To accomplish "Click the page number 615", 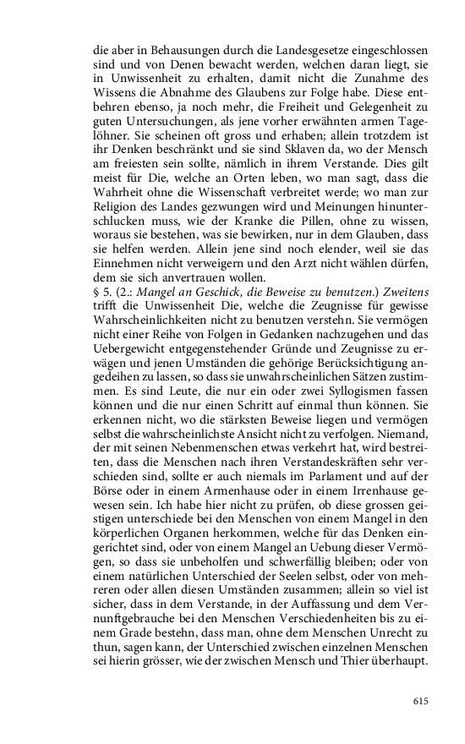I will pos(420,701).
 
